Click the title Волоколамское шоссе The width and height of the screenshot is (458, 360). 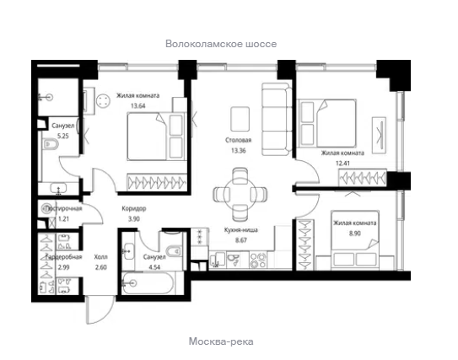pyautogui.click(x=221, y=44)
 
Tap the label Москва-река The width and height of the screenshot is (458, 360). pyautogui.click(x=221, y=341)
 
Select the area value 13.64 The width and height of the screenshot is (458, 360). pyautogui.click(x=137, y=105)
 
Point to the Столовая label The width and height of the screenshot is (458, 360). pyautogui.click(x=239, y=140)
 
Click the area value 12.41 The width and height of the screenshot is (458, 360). pyautogui.click(x=342, y=164)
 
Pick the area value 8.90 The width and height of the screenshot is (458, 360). pyautogui.click(x=354, y=234)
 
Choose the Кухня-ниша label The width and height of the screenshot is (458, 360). pyautogui.click(x=241, y=230)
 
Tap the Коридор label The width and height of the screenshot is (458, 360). pyautogui.click(x=134, y=208)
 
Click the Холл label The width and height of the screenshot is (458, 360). pyautogui.click(x=100, y=257)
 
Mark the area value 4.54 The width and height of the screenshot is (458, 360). pyautogui.click(x=154, y=267)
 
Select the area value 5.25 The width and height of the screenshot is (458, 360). pyautogui.click(x=63, y=136)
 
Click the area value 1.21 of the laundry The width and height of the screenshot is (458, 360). pyautogui.click(x=63, y=218)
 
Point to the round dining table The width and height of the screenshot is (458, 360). pyautogui.click(x=240, y=194)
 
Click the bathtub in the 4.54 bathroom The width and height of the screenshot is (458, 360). pyautogui.click(x=148, y=283)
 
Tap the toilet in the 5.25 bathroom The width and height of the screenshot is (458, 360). pyautogui.click(x=51, y=144)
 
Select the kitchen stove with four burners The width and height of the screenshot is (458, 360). pyautogui.click(x=258, y=261)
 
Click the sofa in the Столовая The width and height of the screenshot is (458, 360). pyautogui.click(x=277, y=119)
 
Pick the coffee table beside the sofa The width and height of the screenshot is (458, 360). pyautogui.click(x=240, y=119)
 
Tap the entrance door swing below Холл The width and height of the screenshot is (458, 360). pyautogui.click(x=100, y=310)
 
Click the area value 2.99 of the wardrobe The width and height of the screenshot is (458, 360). pyautogui.click(x=63, y=267)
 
